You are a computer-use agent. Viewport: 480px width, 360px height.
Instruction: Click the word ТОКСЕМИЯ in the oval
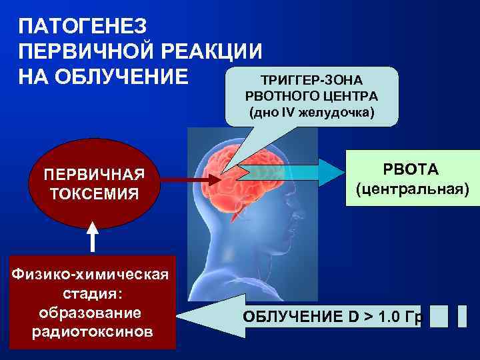(93, 194)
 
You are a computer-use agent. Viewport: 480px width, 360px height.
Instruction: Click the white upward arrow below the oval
(93, 237)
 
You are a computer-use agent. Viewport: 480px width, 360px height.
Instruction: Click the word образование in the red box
(93, 313)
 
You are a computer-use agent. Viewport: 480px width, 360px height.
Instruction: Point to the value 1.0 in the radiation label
(391, 317)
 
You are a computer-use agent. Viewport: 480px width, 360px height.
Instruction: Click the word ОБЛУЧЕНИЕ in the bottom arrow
(294, 317)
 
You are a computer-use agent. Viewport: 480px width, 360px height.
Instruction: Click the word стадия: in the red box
(93, 293)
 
